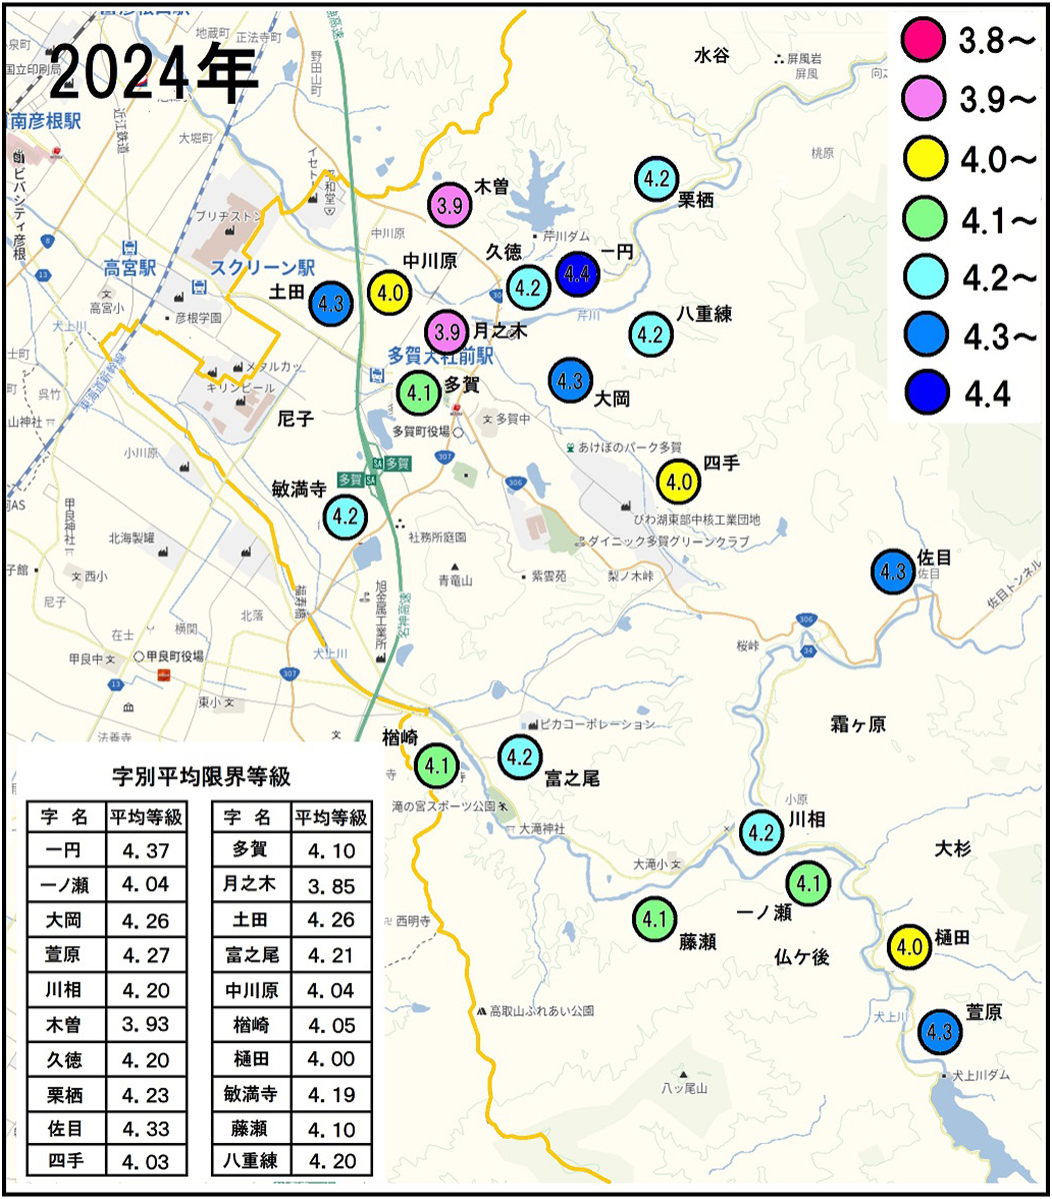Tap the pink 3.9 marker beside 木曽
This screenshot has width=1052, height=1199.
click(x=450, y=205)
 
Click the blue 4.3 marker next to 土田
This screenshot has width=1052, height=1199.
click(x=331, y=304)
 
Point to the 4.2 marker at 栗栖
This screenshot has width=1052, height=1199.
click(x=657, y=180)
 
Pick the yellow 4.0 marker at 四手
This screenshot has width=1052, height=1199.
click(x=679, y=482)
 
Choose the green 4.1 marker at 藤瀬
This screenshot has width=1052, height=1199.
click(x=654, y=918)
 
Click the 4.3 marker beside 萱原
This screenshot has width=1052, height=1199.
click(x=940, y=1032)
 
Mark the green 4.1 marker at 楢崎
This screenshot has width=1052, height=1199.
click(x=436, y=766)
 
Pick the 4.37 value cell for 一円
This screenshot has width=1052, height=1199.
click(x=146, y=851)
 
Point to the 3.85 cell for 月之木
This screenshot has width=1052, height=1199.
click(x=331, y=885)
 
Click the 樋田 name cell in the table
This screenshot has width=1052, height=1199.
click(x=251, y=1058)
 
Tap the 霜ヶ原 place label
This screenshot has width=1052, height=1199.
click(x=858, y=724)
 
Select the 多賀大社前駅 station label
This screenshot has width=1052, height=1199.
click(x=441, y=356)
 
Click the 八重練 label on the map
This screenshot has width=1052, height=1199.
click(x=705, y=315)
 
